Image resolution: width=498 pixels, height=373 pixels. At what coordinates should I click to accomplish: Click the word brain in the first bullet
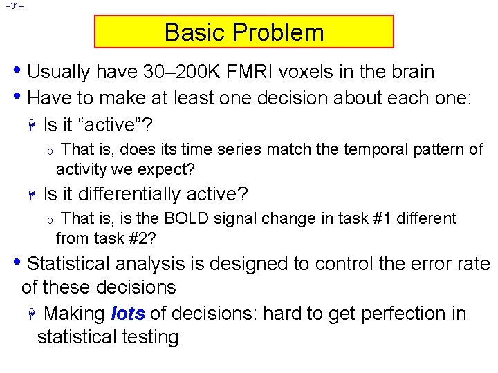tap(410, 72)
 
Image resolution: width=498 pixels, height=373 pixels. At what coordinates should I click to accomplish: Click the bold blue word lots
tap(127, 314)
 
